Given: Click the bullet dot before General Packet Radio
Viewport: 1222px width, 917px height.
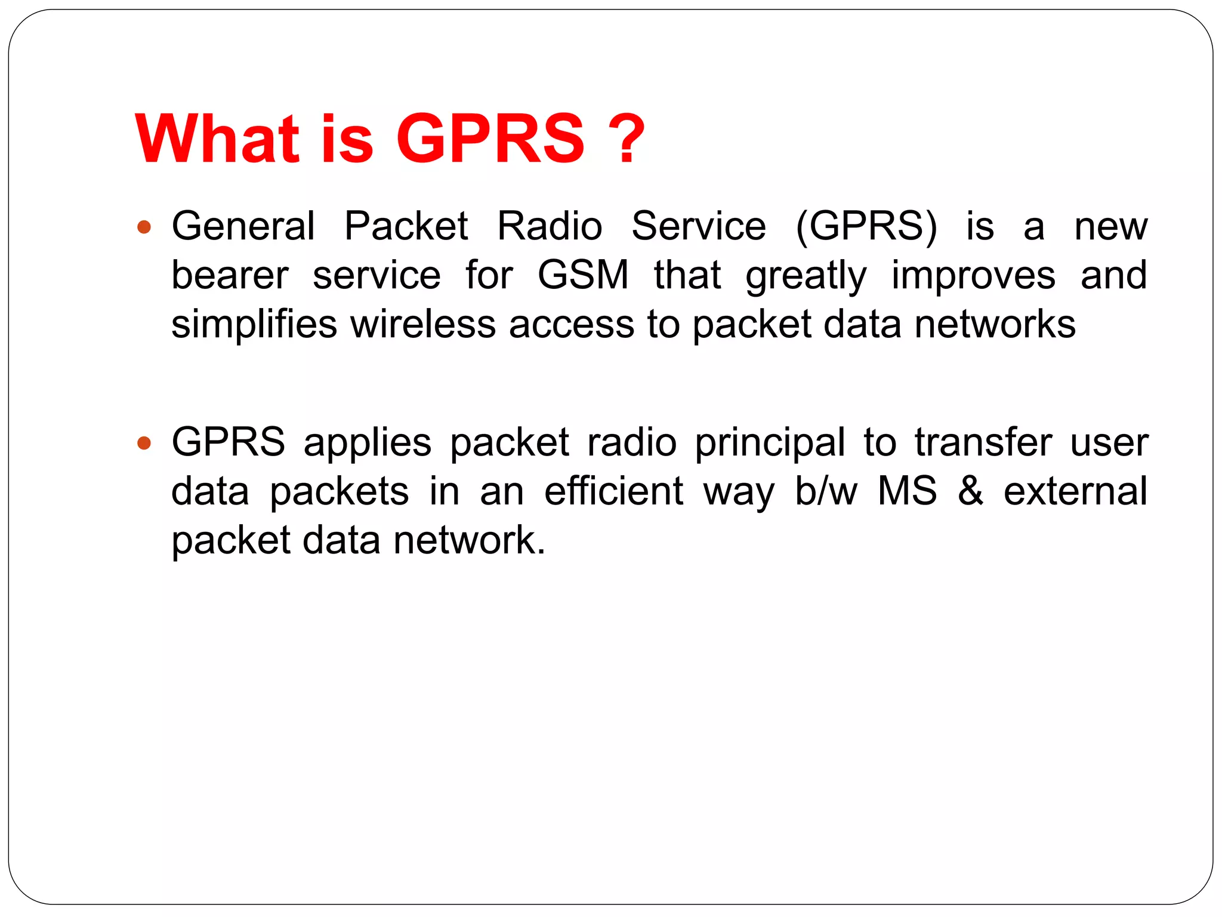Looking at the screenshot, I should click(x=144, y=227).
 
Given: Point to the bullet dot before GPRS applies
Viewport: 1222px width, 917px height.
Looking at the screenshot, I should click(x=144, y=444).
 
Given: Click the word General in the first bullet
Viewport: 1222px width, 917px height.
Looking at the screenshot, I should click(x=243, y=226).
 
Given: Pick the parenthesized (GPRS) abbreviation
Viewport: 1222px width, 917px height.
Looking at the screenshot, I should click(x=866, y=226).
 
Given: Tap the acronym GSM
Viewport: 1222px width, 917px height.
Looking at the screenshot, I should click(x=583, y=275).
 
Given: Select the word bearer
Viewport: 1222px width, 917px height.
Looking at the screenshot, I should click(x=230, y=275).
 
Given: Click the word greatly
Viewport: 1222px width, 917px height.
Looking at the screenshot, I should click(x=806, y=276).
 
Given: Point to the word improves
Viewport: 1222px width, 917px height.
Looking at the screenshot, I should click(x=973, y=276).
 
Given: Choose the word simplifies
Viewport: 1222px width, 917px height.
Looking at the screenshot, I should click(x=254, y=324).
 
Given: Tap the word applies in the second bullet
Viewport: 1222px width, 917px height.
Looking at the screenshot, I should click(x=368, y=444).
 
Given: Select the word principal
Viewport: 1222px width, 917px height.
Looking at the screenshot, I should click(x=770, y=444).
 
